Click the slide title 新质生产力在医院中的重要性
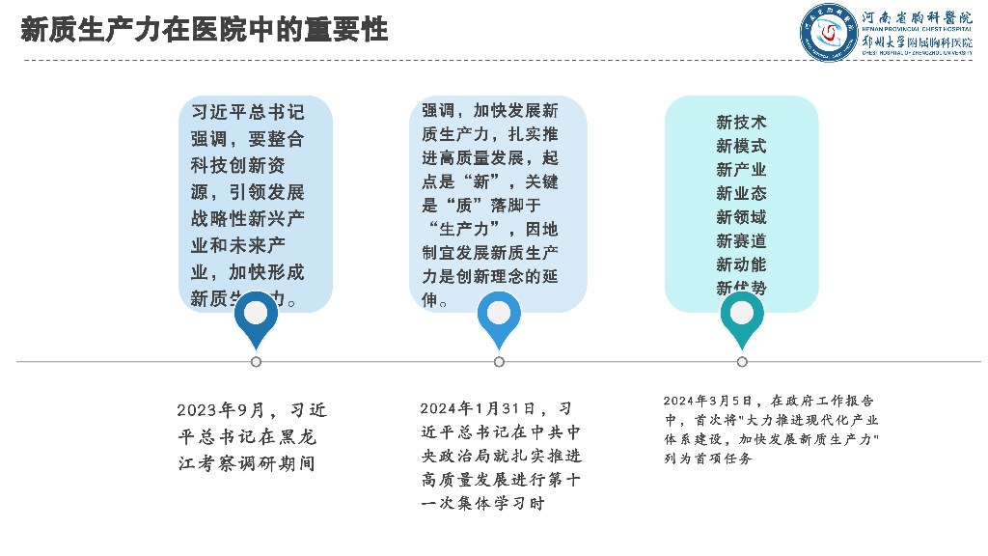(205, 30)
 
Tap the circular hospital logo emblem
(828, 33)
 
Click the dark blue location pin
(256, 318)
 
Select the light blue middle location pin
(499, 318)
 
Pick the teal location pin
(742, 318)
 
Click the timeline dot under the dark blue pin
(256, 362)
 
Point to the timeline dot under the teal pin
(742, 362)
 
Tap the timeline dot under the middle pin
(499, 362)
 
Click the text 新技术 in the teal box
(741, 123)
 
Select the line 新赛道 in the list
(741, 240)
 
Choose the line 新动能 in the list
(741, 264)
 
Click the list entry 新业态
(741, 193)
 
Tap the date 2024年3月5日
(706, 401)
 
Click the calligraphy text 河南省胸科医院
(917, 18)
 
